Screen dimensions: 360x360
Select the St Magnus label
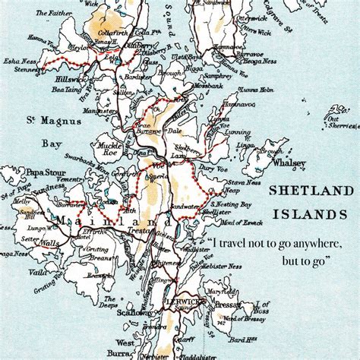(43, 118)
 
